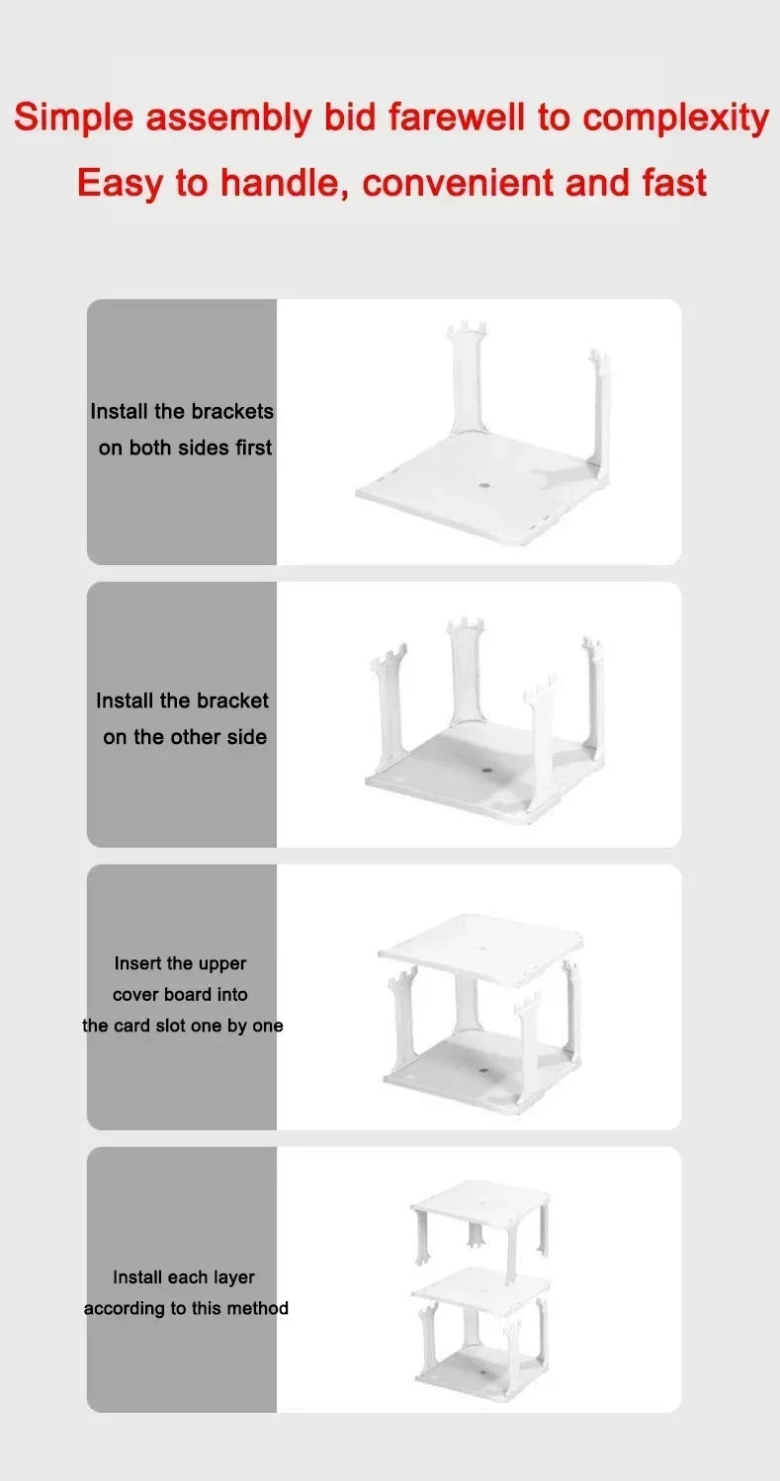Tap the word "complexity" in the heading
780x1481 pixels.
tap(675, 118)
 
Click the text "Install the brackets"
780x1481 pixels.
tap(182, 411)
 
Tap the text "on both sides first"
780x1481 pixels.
tap(185, 448)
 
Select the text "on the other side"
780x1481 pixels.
tap(185, 737)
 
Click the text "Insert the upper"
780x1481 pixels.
tap(180, 963)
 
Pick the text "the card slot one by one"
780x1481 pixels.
tap(182, 1026)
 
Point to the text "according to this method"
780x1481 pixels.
tap(186, 1308)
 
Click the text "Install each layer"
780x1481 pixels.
tap(184, 1277)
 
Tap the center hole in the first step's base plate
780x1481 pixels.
tap(484, 486)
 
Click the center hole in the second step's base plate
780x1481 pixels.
tap(485, 769)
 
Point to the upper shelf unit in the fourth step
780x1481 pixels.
tap(480, 1225)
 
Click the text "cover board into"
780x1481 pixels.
tap(180, 995)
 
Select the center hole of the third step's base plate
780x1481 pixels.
tap(484, 1070)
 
